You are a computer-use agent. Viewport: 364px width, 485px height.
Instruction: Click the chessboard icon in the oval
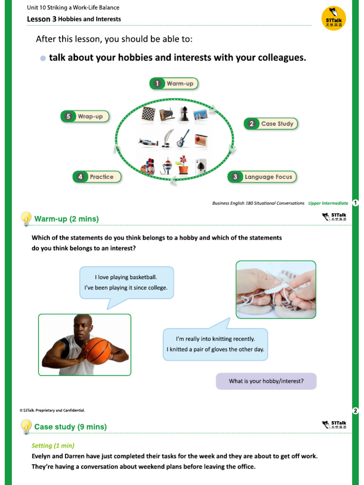click(x=148, y=114)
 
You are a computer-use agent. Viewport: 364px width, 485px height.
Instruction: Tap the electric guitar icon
click(x=183, y=138)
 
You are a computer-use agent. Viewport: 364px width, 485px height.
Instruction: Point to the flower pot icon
click(x=182, y=165)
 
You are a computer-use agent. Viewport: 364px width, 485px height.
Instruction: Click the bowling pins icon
click(x=148, y=166)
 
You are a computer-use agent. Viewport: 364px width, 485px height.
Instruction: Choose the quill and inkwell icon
click(x=165, y=138)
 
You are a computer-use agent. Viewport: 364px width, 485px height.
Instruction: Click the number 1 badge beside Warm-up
click(x=156, y=84)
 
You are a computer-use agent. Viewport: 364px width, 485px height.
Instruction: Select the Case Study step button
click(x=271, y=124)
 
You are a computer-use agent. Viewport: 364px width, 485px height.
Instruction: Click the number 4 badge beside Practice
click(x=80, y=177)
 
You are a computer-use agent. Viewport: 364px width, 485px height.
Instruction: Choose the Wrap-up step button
click(x=85, y=117)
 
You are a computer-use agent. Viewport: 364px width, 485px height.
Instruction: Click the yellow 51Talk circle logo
click(x=334, y=18)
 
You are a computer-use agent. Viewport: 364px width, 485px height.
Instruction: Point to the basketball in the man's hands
click(x=97, y=351)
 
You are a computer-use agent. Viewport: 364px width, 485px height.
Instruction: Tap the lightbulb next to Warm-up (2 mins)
click(x=26, y=218)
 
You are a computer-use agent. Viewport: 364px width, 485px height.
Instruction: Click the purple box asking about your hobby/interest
click(x=266, y=381)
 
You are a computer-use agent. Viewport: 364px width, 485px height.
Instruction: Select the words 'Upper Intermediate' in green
click(x=328, y=203)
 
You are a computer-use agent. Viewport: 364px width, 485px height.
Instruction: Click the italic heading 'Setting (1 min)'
click(x=53, y=446)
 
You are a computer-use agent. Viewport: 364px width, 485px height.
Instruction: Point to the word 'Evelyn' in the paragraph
click(x=42, y=456)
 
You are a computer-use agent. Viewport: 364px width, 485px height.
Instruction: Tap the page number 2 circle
click(x=355, y=410)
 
